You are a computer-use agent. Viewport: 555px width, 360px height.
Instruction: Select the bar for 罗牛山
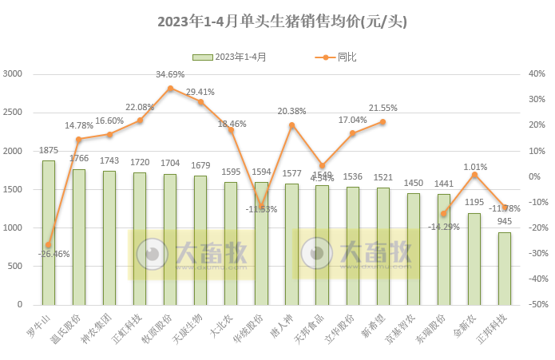(49, 232)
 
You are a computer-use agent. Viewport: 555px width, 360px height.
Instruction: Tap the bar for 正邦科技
(505, 268)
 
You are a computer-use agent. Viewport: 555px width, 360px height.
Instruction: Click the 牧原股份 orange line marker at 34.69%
(170, 88)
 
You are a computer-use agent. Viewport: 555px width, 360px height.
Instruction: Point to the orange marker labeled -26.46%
(49, 245)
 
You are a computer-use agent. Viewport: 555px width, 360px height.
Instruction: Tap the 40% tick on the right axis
(537, 74)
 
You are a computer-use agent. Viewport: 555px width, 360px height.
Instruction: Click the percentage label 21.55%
(383, 108)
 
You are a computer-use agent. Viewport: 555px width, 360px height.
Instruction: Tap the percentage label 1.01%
(476, 167)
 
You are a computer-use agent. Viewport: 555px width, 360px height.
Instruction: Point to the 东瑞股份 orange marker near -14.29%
(444, 214)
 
